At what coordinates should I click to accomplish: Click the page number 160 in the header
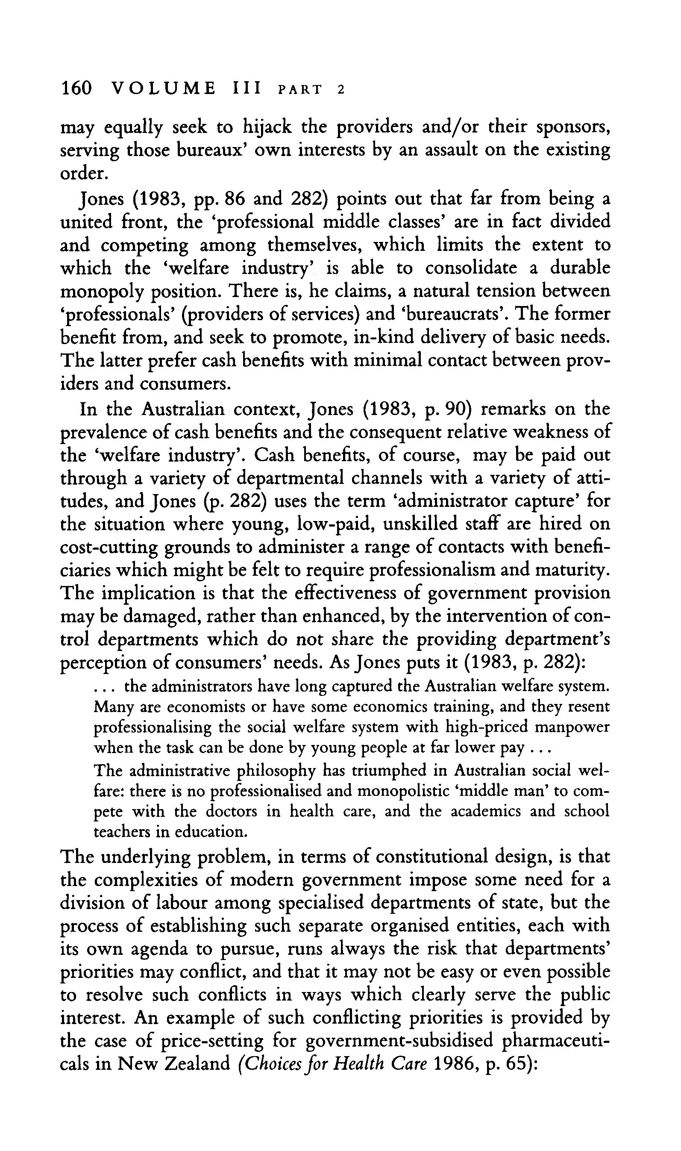tap(76, 87)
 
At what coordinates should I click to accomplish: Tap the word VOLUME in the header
tap(164, 87)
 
